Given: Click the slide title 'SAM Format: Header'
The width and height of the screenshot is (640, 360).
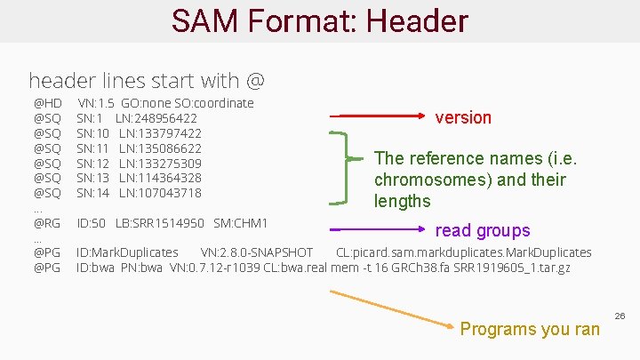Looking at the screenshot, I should point(319,21).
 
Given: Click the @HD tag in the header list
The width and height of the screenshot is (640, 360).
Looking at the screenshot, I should point(47,103).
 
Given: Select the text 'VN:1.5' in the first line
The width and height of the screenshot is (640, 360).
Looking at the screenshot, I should point(96,103).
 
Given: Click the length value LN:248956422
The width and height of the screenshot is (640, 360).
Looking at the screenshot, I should point(156,118).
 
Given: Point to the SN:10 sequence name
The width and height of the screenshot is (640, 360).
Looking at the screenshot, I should point(92,133).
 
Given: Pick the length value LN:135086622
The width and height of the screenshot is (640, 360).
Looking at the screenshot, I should point(160,148).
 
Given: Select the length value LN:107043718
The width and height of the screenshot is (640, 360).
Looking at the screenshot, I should point(160,193).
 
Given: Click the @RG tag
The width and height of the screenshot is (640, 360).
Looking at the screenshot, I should point(47,223).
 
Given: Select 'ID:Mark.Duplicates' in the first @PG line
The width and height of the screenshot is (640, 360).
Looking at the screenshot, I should point(127,252).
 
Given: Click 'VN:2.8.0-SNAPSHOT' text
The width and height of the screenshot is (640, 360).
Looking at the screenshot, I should point(257,252).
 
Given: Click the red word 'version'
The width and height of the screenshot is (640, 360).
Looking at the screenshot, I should point(462,117).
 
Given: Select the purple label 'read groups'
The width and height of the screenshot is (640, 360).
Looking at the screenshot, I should point(483,231).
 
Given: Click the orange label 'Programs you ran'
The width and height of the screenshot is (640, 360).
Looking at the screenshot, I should point(530,329).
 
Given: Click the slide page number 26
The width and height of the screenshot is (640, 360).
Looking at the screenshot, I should point(620,316).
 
